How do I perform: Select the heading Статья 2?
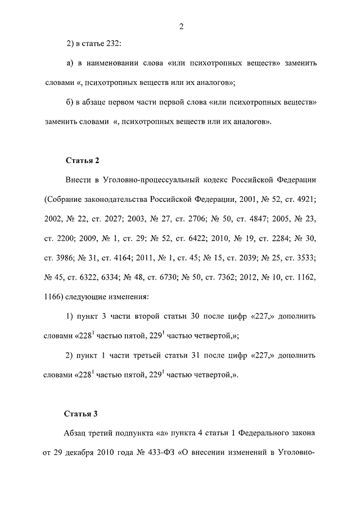(82, 161)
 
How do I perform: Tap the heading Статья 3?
(82, 415)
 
